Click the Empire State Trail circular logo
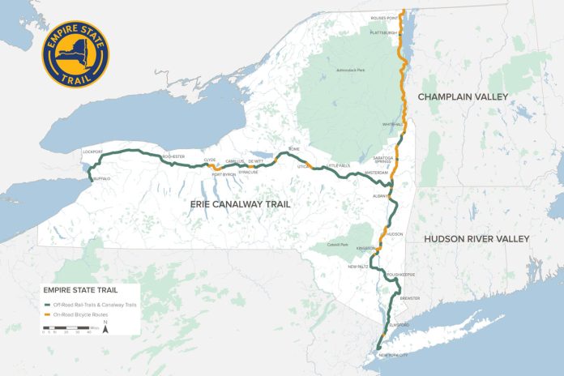point(75,55)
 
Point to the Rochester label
point(173,156)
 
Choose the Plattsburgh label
point(384,32)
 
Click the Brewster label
point(410,298)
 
